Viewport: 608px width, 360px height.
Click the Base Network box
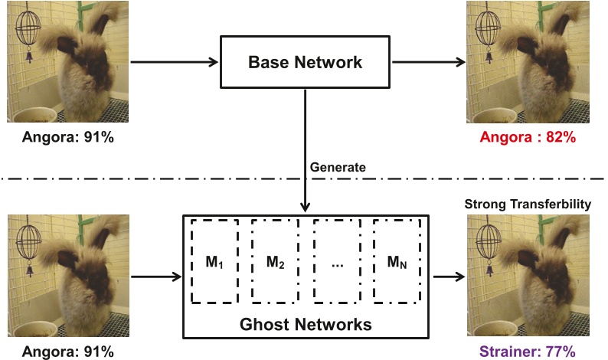pos(305,62)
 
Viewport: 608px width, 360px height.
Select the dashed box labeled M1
pos(214,261)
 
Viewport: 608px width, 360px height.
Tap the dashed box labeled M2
pos(276,261)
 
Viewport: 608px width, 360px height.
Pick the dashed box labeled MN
pos(397,261)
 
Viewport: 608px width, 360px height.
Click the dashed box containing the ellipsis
pos(337,261)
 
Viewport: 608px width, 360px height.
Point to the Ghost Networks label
pos(306,324)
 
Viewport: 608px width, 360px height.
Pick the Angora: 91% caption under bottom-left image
pos(67,352)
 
